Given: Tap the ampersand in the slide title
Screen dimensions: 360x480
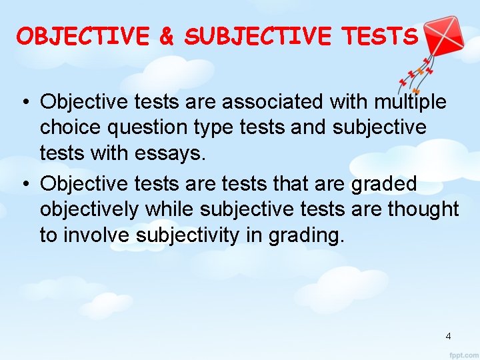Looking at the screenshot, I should [x=166, y=36].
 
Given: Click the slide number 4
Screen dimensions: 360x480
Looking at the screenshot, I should [x=448, y=336].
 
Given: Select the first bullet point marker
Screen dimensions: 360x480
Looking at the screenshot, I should [x=23, y=103].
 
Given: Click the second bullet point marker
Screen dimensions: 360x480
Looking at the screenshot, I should [x=23, y=184].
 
